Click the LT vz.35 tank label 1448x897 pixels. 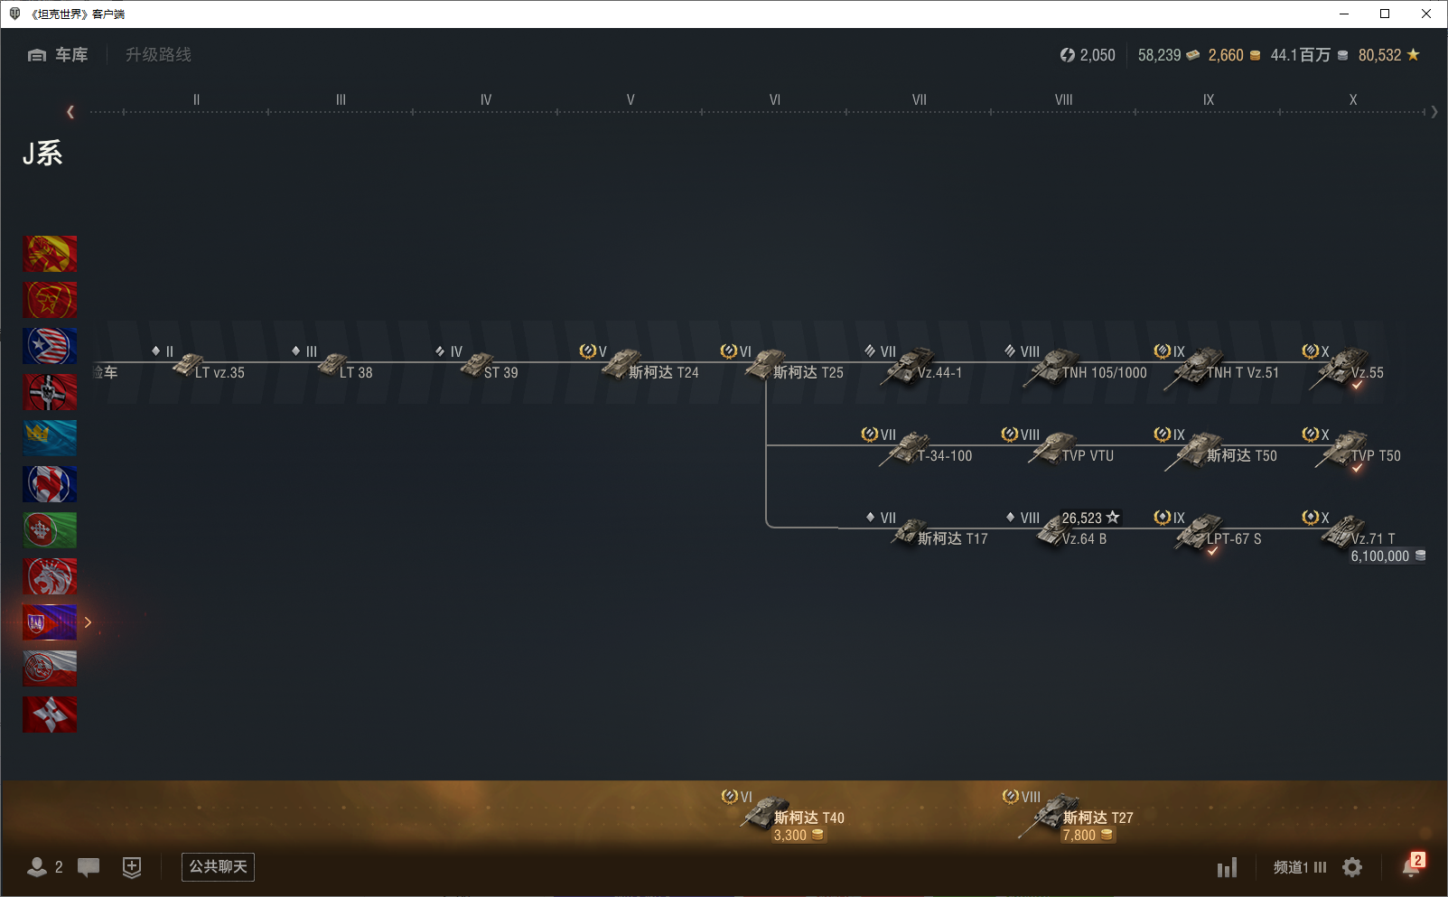click(219, 372)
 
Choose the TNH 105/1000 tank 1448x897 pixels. click(1103, 372)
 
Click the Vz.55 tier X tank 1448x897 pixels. click(1366, 372)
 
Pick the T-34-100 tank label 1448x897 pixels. click(944, 455)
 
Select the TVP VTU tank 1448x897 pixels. click(1087, 455)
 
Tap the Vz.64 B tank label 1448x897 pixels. click(1083, 538)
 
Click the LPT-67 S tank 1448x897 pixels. click(1233, 538)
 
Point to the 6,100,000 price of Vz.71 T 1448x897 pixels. click(1380, 556)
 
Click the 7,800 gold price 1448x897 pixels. click(1079, 836)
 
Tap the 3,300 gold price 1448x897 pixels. click(790, 836)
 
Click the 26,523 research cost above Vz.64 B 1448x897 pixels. click(1082, 518)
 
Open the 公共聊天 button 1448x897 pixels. click(218, 866)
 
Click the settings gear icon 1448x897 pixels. click(1352, 867)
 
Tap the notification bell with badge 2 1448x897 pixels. click(1411, 866)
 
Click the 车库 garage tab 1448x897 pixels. click(59, 55)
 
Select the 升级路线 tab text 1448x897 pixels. click(158, 55)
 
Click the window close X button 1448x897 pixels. click(1426, 14)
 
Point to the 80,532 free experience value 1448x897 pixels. click(1379, 55)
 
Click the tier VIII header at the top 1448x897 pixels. click(1063, 99)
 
